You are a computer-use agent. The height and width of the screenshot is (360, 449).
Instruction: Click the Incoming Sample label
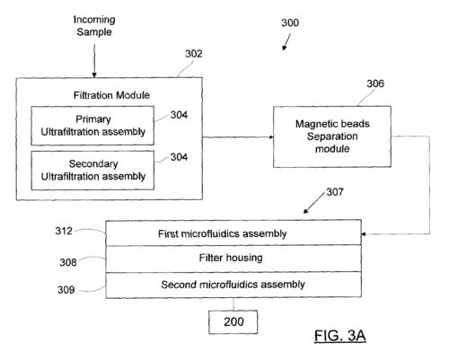[x=94, y=26]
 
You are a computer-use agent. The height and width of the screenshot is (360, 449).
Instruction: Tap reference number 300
[x=290, y=22]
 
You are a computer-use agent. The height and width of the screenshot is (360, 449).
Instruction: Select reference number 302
[x=194, y=54]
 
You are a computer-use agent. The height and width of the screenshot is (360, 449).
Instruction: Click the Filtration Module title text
[x=111, y=95]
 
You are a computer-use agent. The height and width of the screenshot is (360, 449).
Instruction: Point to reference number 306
[x=375, y=83]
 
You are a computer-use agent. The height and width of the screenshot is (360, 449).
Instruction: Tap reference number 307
[x=335, y=192]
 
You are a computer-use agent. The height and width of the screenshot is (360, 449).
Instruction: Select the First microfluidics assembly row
[x=233, y=233]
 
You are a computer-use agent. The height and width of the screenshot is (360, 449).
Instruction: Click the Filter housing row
[x=233, y=259]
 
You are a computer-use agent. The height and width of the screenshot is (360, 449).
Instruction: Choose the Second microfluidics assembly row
[x=233, y=285]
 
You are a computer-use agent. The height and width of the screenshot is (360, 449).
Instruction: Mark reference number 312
[x=64, y=231]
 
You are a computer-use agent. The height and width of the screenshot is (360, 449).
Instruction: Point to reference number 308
[x=68, y=262]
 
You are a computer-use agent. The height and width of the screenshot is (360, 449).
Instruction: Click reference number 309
[x=66, y=290]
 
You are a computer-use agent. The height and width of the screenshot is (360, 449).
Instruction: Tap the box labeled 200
[x=233, y=322]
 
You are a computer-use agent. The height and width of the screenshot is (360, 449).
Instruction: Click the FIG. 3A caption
[x=340, y=336]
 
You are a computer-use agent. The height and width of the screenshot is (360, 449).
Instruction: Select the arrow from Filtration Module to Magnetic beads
[x=238, y=137]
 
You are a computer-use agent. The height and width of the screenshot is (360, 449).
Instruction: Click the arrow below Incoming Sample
[x=94, y=61]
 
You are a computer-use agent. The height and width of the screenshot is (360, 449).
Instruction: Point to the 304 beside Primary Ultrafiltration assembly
[x=179, y=115]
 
